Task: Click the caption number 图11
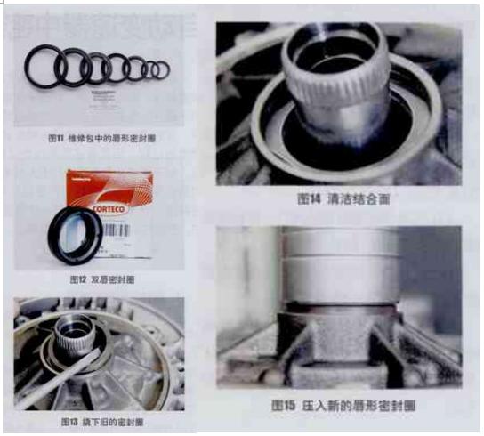(x=56, y=139)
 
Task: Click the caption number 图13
(x=71, y=420)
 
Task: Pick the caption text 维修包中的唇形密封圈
(x=114, y=139)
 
